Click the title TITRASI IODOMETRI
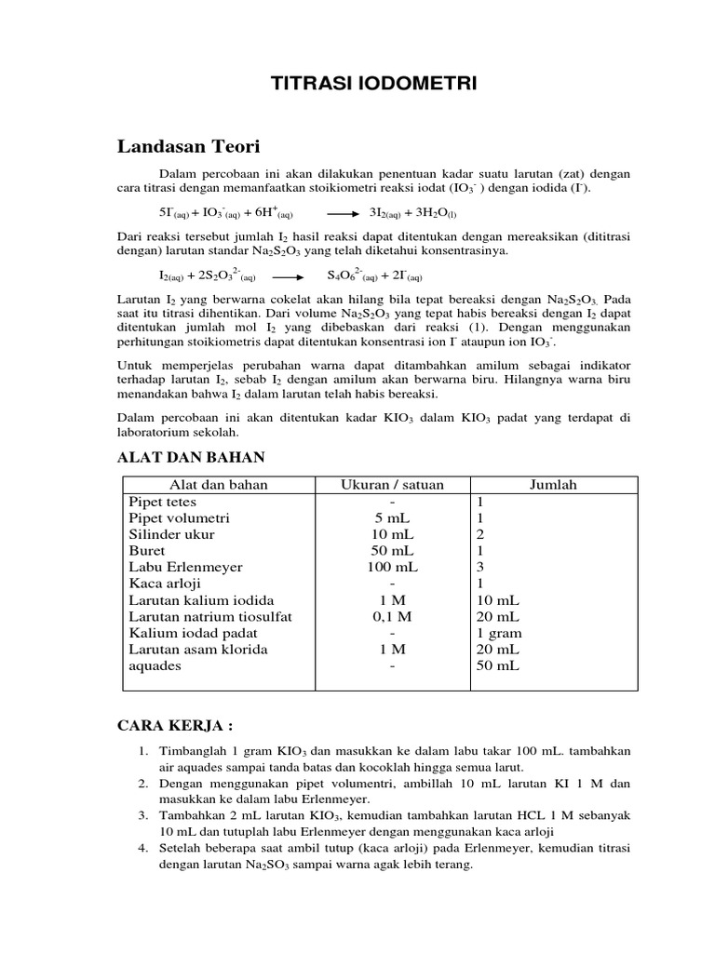click(373, 84)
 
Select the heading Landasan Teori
click(189, 146)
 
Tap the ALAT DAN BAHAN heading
click(190, 456)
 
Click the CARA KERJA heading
click(174, 725)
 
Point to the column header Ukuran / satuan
click(392, 484)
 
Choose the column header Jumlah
click(553, 484)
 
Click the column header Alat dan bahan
click(217, 484)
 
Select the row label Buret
click(146, 550)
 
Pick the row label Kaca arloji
click(164, 584)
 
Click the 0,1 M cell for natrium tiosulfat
click(392, 616)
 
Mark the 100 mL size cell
click(392, 567)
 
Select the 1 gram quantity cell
click(498, 633)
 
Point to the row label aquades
click(155, 666)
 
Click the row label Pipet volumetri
click(179, 517)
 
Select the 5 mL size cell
click(392, 517)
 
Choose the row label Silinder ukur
click(171, 534)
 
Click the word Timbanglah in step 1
click(191, 751)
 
